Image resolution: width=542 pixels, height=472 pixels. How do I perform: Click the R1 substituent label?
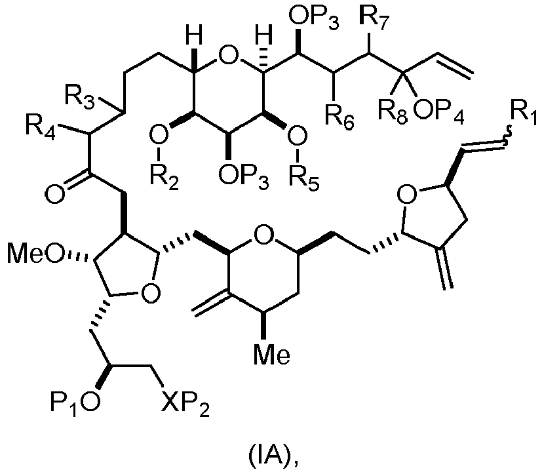524,115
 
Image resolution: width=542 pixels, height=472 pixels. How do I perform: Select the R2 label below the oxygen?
165,179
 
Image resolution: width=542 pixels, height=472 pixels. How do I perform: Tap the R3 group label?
79,98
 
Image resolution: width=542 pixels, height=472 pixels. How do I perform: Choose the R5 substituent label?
304,179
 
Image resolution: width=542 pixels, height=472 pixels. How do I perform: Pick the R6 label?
339,115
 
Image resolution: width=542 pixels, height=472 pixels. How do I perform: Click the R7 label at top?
374,20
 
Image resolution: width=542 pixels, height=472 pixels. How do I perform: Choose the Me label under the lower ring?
272,355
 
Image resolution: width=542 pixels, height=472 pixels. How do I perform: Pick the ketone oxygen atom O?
55,193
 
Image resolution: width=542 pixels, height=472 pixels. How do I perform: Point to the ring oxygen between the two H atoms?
229,56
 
